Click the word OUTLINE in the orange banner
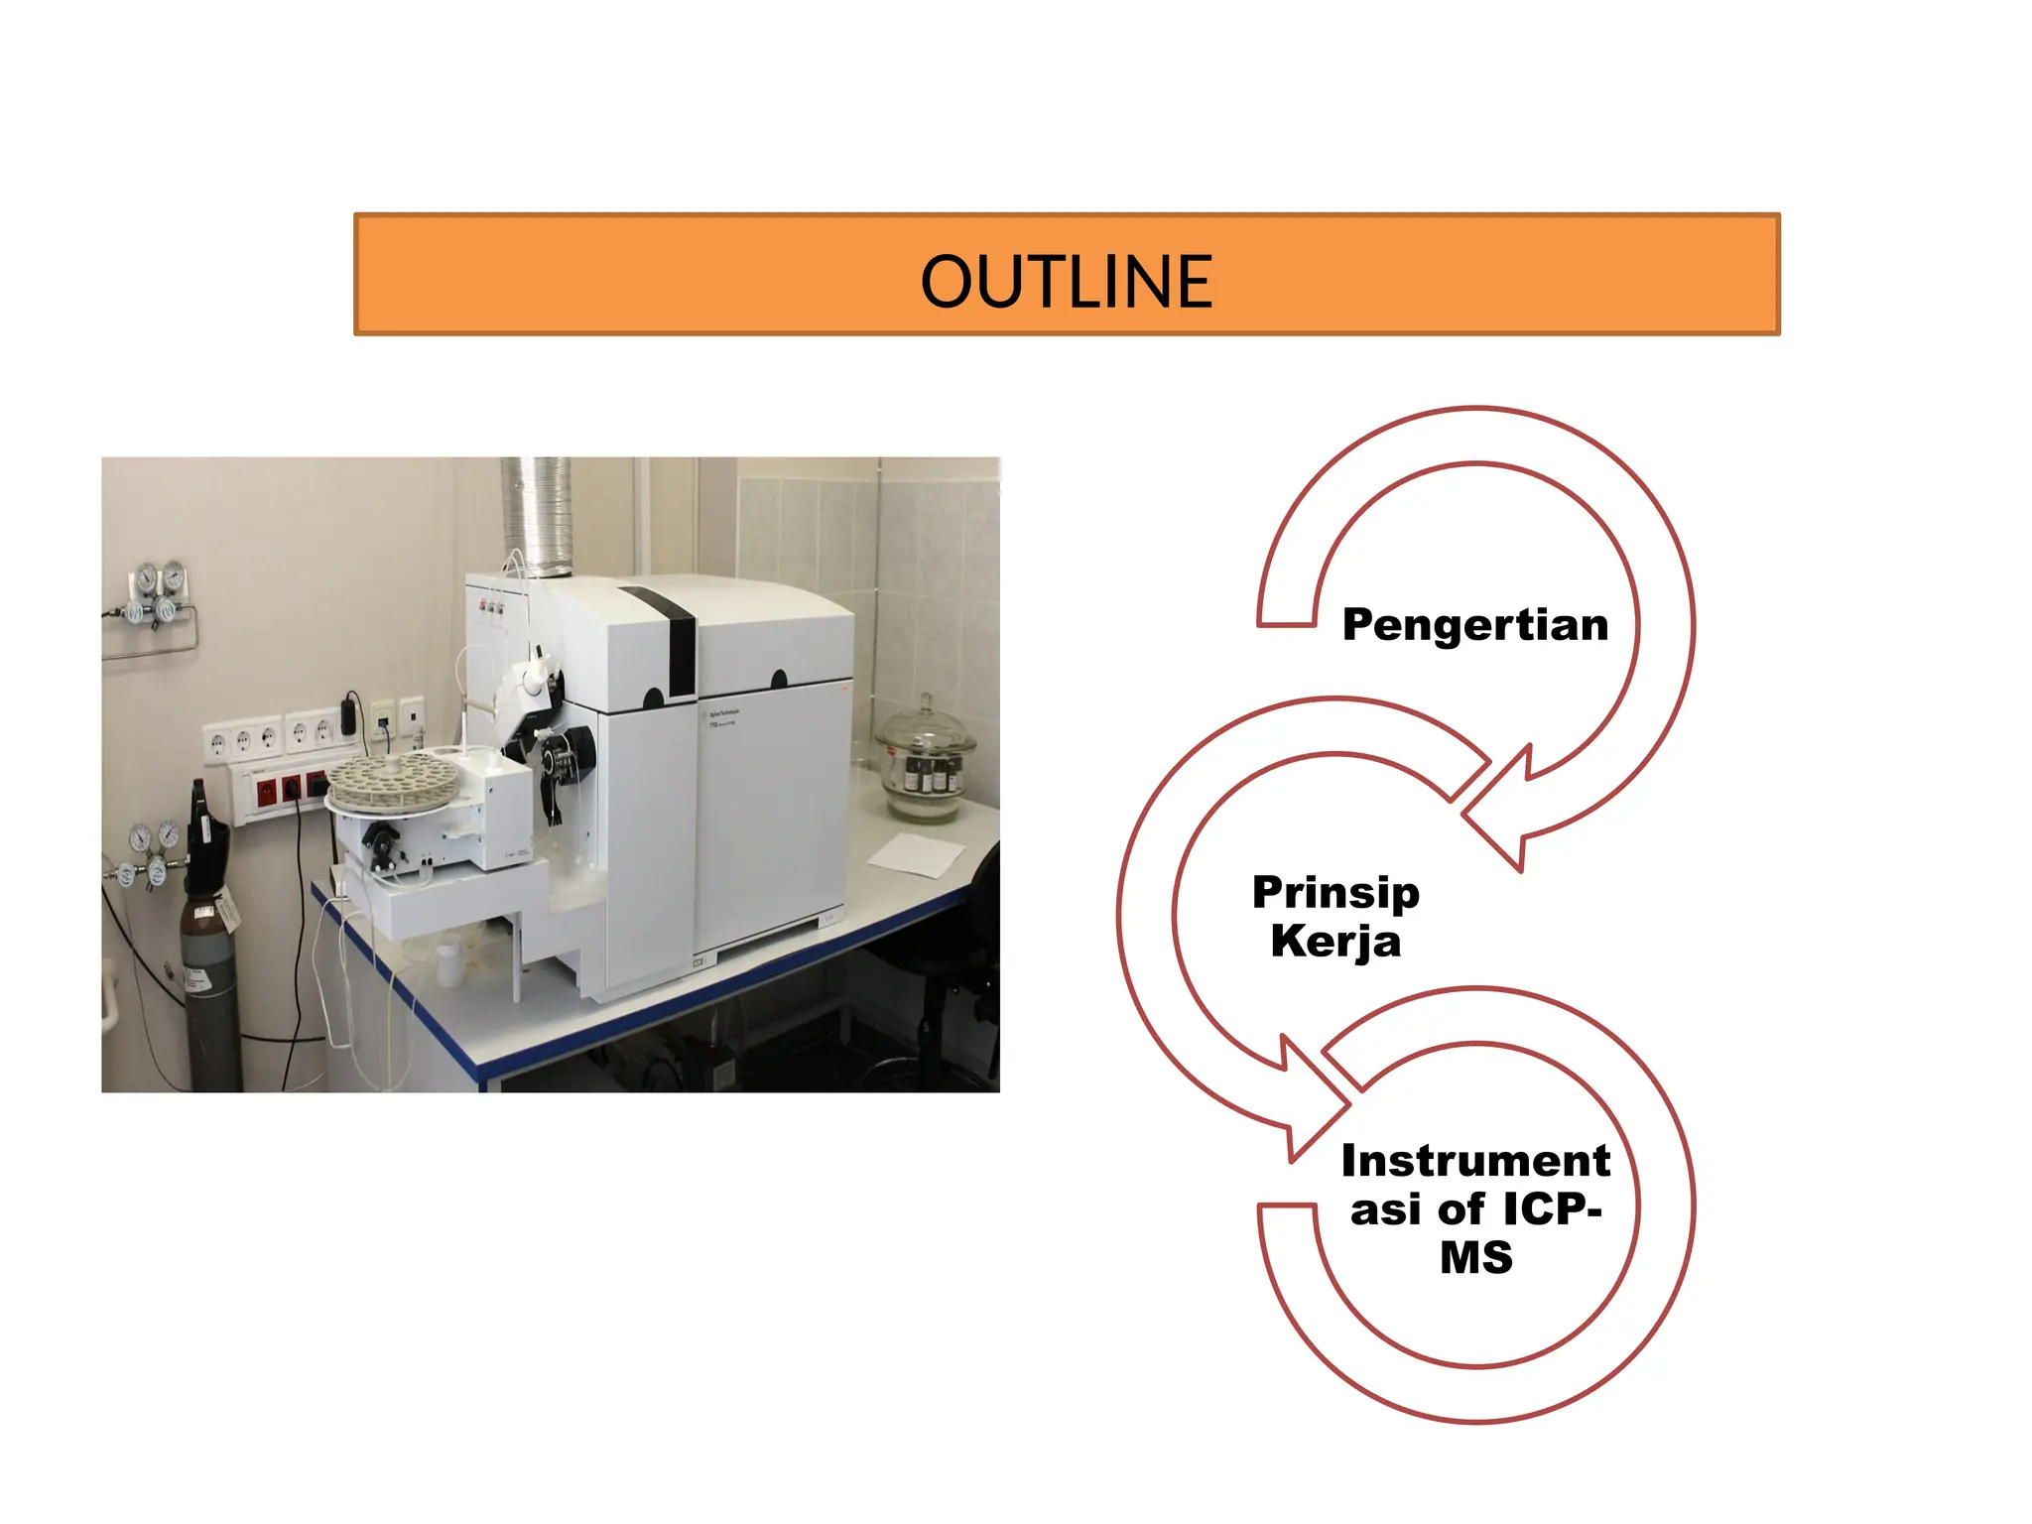1067,282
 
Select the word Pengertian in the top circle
1475,625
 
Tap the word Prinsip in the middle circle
1335,892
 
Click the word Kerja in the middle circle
1335,942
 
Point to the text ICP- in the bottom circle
1553,1209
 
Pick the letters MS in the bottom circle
1476,1258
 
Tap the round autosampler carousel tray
392,779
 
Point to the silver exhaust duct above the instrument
536,516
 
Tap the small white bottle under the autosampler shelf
448,961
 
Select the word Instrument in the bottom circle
1475,1161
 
